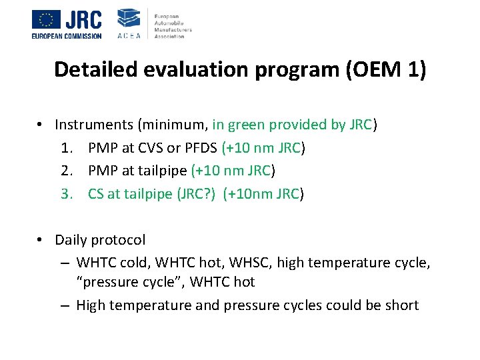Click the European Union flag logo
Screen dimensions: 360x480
click(x=46, y=19)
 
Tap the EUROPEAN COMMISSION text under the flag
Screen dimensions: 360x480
click(x=67, y=35)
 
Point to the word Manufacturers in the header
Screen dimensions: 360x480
click(x=173, y=30)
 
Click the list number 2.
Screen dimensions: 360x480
click(x=73, y=171)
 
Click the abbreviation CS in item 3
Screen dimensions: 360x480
click(x=96, y=194)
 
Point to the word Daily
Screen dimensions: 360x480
click(x=72, y=240)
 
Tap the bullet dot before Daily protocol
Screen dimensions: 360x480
click(x=41, y=240)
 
